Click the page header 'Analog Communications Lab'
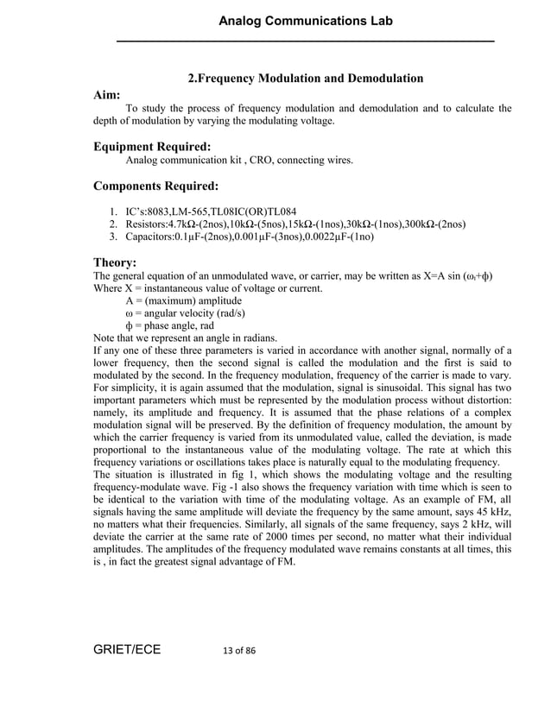pos(306,21)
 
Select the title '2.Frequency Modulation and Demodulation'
pos(306,79)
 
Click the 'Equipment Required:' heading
pos(152,147)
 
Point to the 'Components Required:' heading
pos(155,186)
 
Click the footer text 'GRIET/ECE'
pos(127,649)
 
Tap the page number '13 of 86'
pos(234,650)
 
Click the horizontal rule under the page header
pos(306,41)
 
